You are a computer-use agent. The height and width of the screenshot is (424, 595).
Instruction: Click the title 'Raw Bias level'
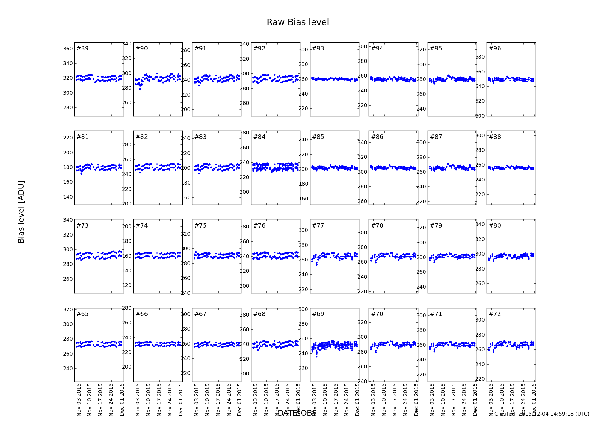coord(297,22)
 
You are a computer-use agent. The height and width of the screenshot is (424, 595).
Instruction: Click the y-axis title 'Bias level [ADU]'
coord(21,212)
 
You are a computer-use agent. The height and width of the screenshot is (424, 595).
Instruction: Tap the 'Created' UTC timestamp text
coord(542,414)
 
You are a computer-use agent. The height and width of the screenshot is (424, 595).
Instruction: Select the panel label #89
coord(82,49)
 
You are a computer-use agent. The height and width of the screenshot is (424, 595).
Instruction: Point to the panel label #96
coord(495,49)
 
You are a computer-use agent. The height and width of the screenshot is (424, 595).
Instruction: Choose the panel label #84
coord(259,137)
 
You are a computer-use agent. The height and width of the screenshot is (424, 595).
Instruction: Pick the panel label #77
coord(318,226)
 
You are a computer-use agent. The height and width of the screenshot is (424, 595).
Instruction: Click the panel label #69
coord(318,314)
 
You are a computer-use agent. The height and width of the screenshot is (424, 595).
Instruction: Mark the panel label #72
coord(495,314)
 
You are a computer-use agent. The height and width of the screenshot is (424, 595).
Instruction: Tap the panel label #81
coord(82,137)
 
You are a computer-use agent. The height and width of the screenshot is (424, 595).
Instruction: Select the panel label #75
coord(200,226)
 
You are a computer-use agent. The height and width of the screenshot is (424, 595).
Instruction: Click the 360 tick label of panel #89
coord(68,49)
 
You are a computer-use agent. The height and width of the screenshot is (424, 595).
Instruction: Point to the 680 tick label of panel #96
coord(480,57)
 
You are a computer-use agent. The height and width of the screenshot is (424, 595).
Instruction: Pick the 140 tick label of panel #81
coord(68,197)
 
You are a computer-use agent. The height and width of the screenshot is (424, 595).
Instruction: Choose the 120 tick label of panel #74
coord(127,285)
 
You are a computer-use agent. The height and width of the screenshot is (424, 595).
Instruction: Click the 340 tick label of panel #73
coord(68,220)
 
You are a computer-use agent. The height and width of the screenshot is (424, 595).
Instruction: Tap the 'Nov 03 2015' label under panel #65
coord(79,399)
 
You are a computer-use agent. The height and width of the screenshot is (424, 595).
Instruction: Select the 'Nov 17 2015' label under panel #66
coord(159,399)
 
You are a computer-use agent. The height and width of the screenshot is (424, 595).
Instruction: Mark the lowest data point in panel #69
coord(317,356)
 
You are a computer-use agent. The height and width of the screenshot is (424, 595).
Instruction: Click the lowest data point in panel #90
coord(140,89)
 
